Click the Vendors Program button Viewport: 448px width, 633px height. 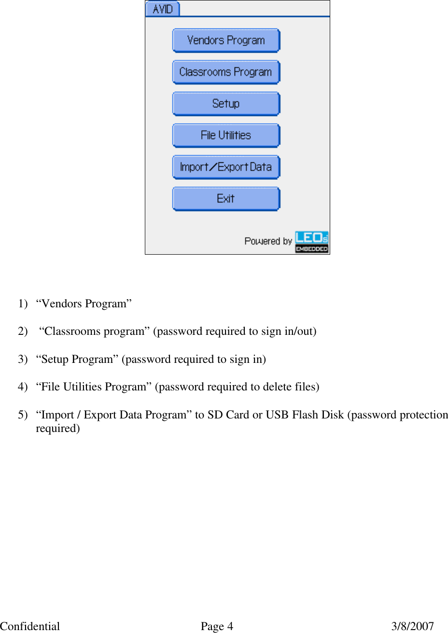pyautogui.click(x=226, y=41)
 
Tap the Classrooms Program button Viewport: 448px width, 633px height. pyautogui.click(x=226, y=72)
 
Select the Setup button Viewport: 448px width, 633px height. pyautogui.click(x=226, y=104)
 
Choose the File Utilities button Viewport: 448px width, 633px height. pyautogui.click(x=226, y=135)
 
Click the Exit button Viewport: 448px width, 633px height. pyautogui.click(x=226, y=199)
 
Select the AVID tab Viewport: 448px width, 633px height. pyautogui.click(x=163, y=9)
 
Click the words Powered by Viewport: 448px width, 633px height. pyautogui.click(x=268, y=241)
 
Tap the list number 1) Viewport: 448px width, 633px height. pyautogui.click(x=23, y=303)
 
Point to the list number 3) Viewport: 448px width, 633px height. pyautogui.click(x=23, y=359)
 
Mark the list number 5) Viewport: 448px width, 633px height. pyautogui.click(x=23, y=415)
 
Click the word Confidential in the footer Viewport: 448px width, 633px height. pyautogui.click(x=30, y=626)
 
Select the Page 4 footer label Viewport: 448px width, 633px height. pyautogui.click(x=217, y=626)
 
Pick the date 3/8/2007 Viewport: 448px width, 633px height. pyautogui.click(x=412, y=626)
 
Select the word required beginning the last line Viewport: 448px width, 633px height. pyautogui.click(x=57, y=429)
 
